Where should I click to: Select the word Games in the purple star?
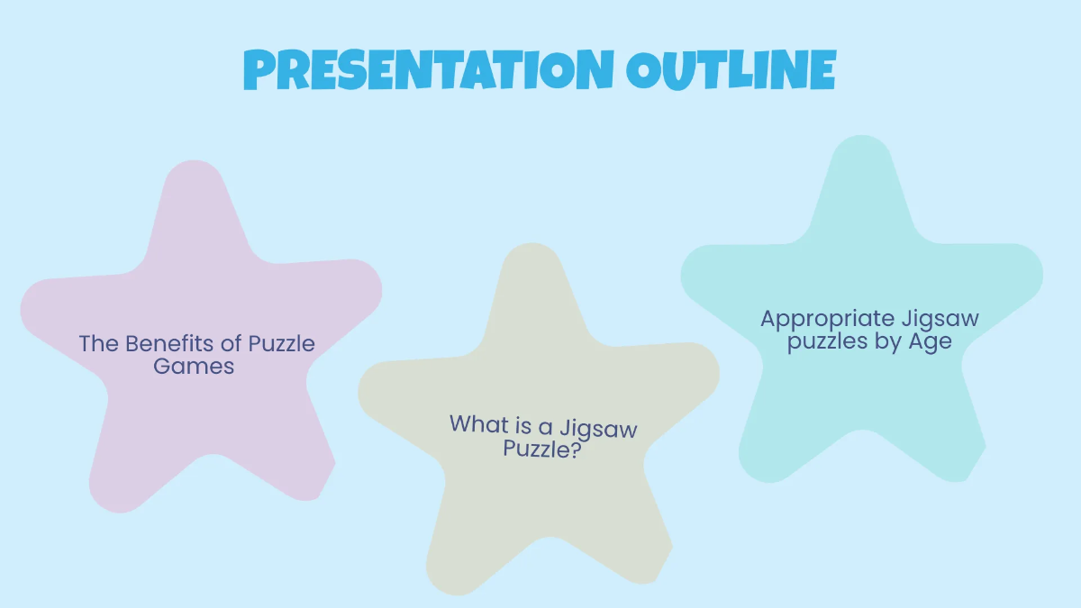coord(194,367)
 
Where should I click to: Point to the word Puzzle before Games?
coord(281,344)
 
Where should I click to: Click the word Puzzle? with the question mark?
coord(540,448)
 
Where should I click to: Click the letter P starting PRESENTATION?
coord(259,71)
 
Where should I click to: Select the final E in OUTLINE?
coord(820,69)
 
